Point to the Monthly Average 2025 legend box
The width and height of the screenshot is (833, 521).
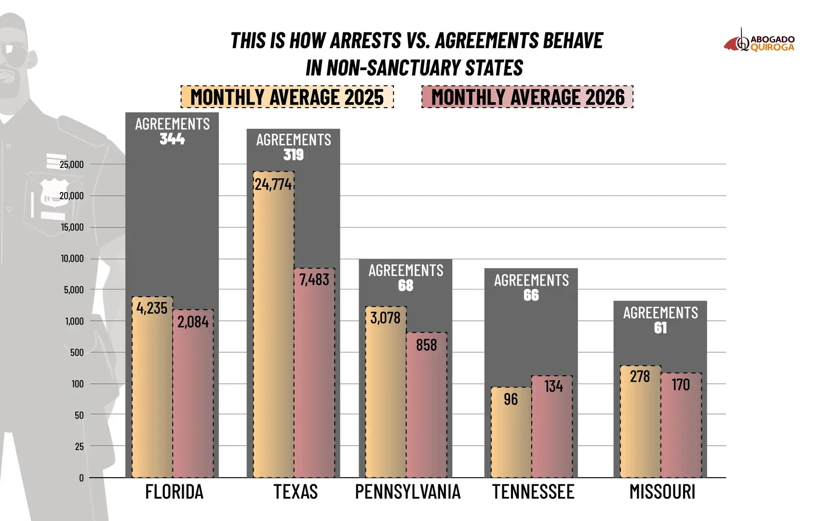[287, 97]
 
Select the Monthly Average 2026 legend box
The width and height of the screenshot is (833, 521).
[527, 97]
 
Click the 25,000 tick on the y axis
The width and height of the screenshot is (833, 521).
[72, 165]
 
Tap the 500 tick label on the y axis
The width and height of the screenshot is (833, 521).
[77, 353]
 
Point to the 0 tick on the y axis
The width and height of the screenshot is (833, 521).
[81, 478]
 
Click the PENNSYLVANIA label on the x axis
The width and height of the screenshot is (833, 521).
[408, 492]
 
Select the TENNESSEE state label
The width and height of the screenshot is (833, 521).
[533, 492]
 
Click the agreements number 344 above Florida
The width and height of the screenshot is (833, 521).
[172, 139]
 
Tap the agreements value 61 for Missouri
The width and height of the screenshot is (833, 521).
[660, 328]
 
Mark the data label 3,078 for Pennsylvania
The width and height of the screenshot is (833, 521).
[385, 318]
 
